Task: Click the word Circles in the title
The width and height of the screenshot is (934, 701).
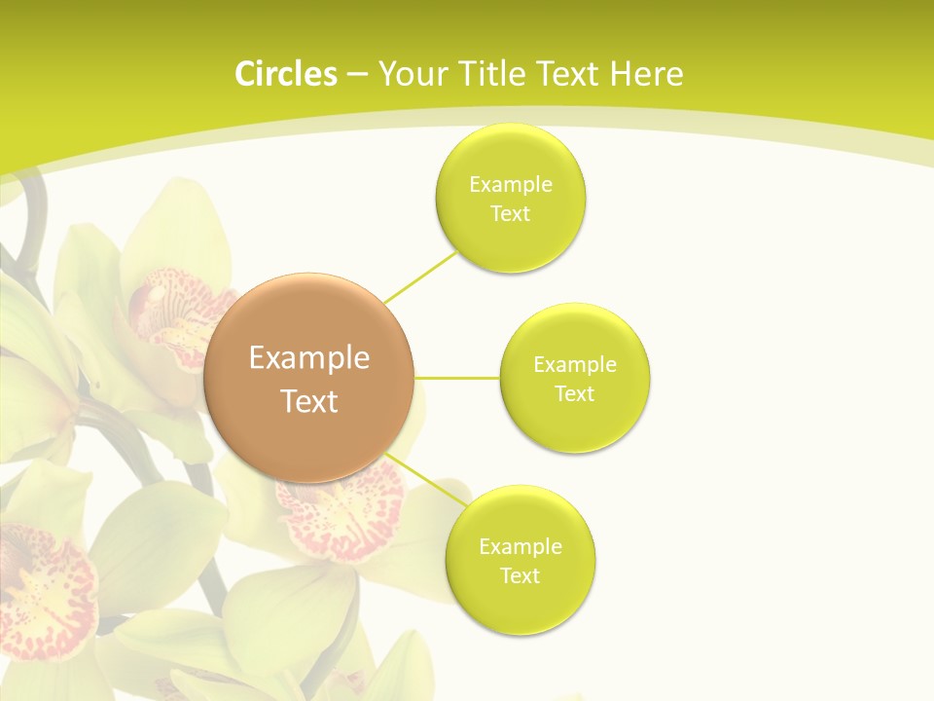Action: (285, 74)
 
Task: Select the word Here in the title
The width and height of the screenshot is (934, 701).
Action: (646, 74)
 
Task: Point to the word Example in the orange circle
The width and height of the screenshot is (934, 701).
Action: (308, 358)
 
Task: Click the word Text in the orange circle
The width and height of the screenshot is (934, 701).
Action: (308, 401)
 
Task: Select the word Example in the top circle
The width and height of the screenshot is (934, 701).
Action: (511, 185)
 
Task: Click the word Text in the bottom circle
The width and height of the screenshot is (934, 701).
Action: (520, 575)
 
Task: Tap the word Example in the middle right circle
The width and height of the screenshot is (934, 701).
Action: (575, 365)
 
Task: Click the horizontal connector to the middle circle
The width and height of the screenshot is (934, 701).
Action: (457, 378)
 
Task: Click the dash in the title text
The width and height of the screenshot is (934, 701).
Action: (356, 74)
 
